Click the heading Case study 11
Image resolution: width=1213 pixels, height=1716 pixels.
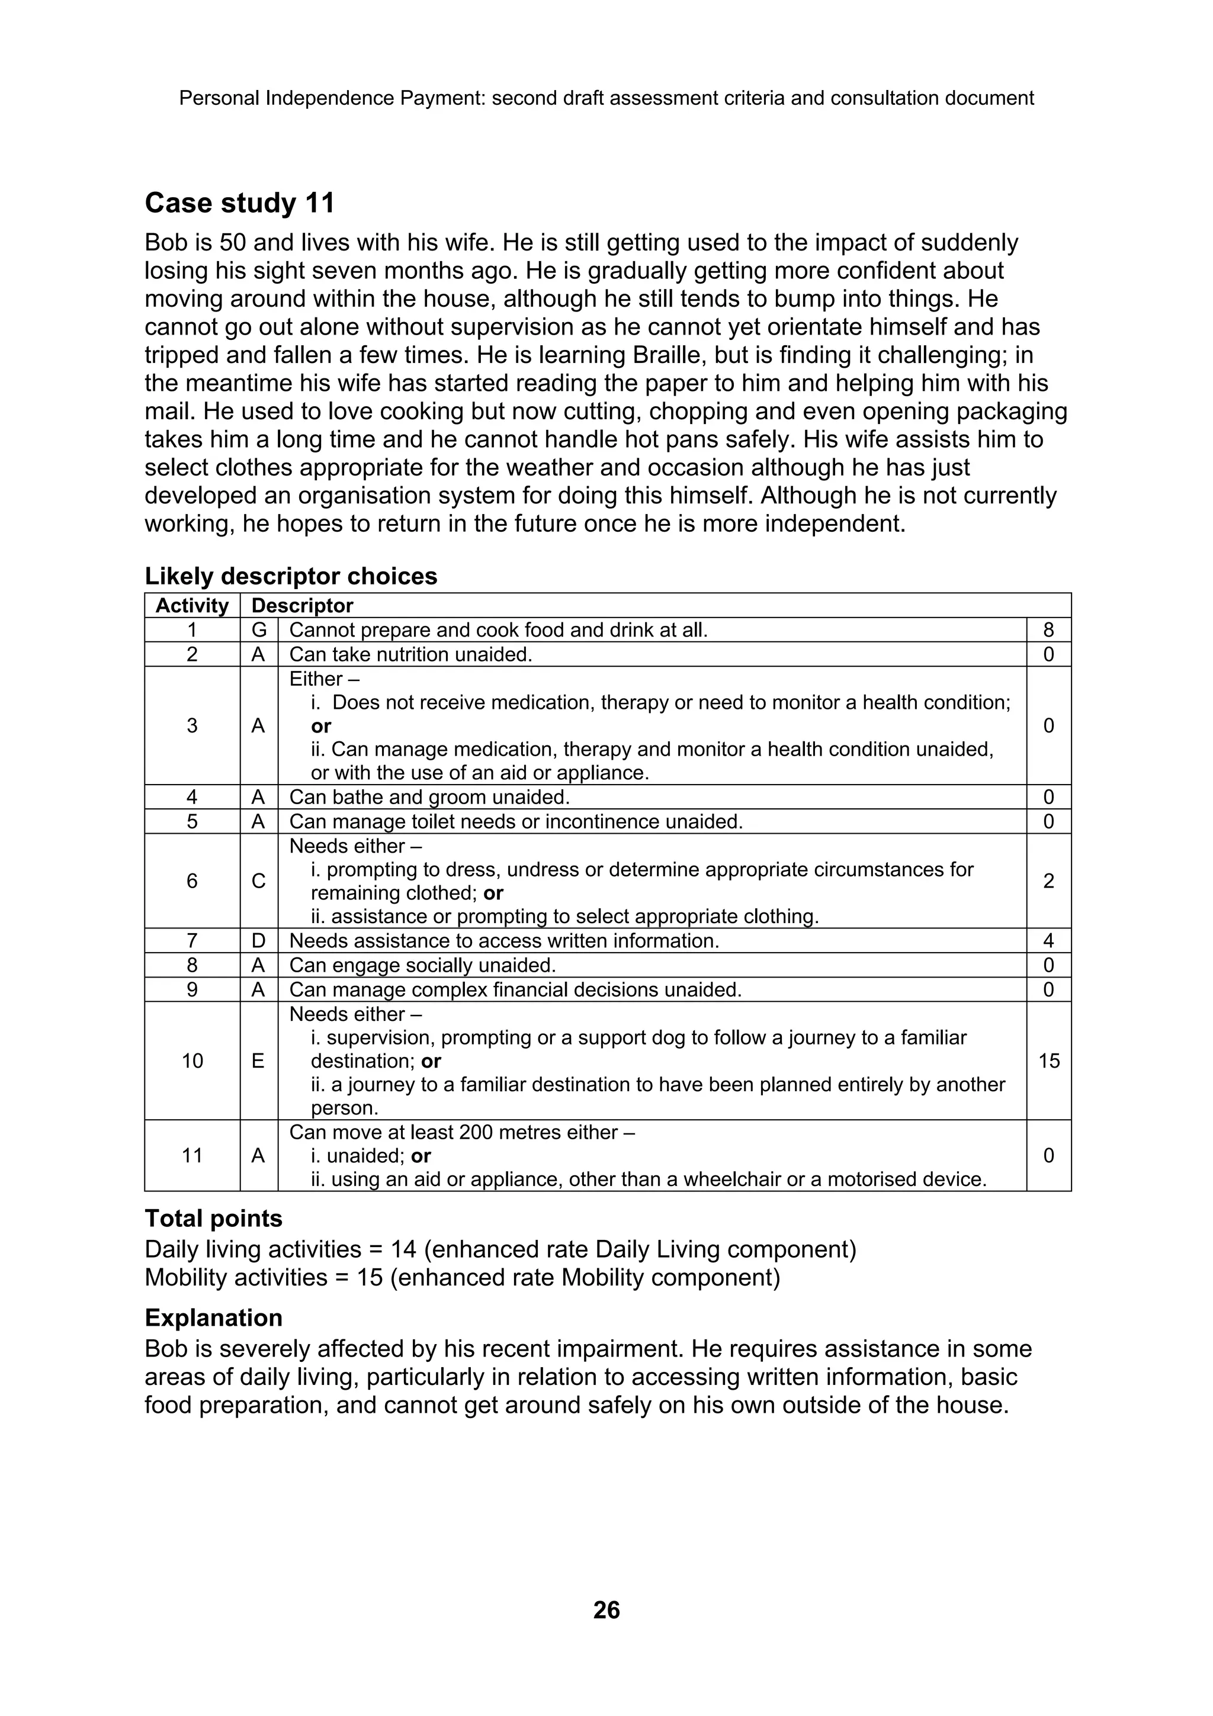click(239, 203)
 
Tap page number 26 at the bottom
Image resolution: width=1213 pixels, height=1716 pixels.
click(606, 1609)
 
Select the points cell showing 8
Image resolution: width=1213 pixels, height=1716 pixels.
click(1048, 630)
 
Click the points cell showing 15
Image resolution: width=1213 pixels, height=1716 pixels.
click(1048, 1061)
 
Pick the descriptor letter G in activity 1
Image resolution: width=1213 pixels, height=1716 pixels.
click(259, 630)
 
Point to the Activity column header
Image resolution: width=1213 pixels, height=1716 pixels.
click(192, 605)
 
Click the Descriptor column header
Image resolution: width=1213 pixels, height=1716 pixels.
click(302, 605)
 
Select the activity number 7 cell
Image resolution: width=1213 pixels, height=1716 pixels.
click(192, 940)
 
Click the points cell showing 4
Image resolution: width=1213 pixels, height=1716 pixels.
click(1048, 940)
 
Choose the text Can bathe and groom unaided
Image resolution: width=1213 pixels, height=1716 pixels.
click(429, 797)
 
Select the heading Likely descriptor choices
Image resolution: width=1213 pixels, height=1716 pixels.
click(291, 576)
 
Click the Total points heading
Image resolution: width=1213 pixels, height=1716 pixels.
click(213, 1218)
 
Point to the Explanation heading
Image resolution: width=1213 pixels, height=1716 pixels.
click(213, 1317)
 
